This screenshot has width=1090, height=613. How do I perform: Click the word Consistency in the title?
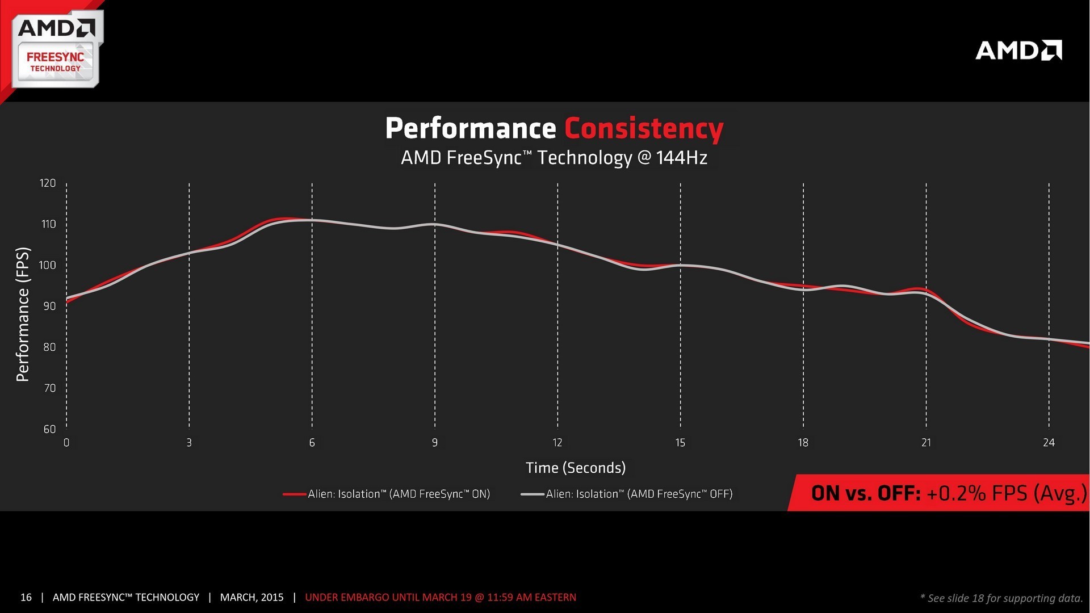point(644,129)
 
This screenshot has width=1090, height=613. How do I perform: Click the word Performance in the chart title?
point(470,129)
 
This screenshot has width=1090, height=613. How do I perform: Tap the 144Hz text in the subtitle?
point(681,157)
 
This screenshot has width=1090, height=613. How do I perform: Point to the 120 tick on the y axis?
point(48,183)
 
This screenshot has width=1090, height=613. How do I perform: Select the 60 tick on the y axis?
point(49,429)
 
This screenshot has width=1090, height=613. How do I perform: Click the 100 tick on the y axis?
point(48,265)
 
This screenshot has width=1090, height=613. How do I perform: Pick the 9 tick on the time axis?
point(435,443)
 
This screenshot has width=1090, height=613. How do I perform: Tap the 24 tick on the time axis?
point(1049,443)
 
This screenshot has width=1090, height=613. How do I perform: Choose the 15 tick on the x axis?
point(680,443)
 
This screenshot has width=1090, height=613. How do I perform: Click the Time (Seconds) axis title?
point(576,468)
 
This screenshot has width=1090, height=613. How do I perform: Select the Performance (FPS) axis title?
point(23,314)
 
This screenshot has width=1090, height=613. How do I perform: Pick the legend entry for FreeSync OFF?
point(639,494)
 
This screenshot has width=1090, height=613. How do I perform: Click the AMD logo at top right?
point(1018,51)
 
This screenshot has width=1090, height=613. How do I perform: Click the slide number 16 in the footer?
point(26,597)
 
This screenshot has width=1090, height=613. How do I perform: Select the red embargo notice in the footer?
point(441,597)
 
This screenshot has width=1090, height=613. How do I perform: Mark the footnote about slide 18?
point(1001,598)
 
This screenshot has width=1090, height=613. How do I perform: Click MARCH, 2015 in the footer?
point(251,597)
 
